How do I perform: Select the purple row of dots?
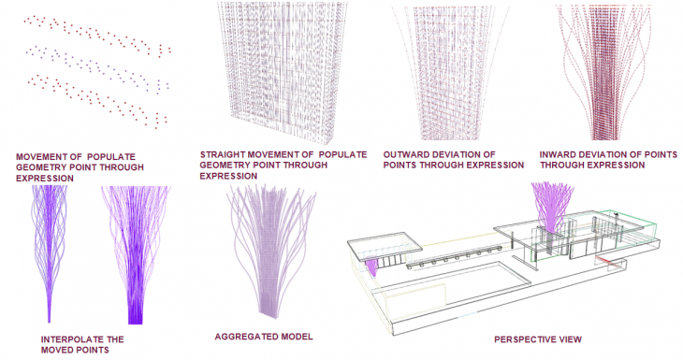pyautogui.click(x=98, y=68)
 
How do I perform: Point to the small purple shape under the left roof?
pyautogui.click(x=372, y=267)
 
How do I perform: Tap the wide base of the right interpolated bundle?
pyautogui.click(x=136, y=316)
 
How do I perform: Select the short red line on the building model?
pyautogui.click(x=604, y=261)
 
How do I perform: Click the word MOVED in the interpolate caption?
pyautogui.click(x=56, y=350)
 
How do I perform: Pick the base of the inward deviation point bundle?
pyautogui.click(x=605, y=133)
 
